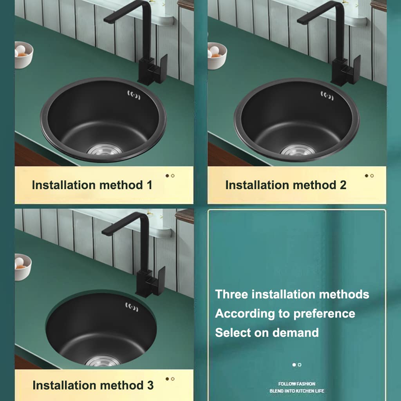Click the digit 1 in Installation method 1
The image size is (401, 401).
[150, 185]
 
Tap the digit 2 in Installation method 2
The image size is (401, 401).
[343, 185]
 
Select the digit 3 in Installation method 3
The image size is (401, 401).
[150, 385]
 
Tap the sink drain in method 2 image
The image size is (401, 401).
[298, 150]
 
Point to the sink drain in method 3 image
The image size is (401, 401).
[103, 361]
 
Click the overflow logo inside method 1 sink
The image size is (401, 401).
[134, 95]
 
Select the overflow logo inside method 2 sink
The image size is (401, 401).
[327, 96]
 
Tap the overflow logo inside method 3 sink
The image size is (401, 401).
[132, 307]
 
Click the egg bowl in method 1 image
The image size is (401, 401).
[23, 55]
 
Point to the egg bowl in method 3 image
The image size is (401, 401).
[23, 267]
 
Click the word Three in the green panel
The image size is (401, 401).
[231, 294]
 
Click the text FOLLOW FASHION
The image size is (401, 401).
[297, 384]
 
